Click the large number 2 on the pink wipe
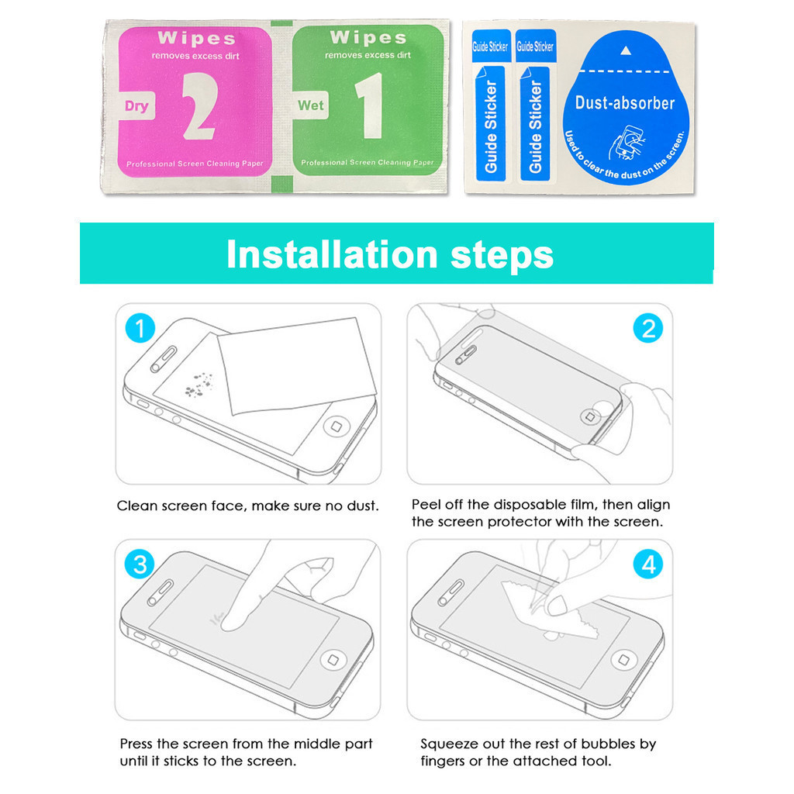[x=200, y=105]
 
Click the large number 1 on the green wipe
[x=370, y=105]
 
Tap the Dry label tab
[x=136, y=105]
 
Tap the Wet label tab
[x=310, y=105]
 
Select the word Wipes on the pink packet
[x=196, y=38]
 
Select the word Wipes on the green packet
[x=368, y=37]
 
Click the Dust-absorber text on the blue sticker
[x=625, y=103]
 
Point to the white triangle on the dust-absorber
[x=626, y=50]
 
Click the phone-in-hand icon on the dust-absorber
[x=626, y=143]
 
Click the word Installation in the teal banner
[x=332, y=254]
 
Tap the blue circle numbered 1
[x=140, y=328]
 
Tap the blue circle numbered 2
[x=648, y=328]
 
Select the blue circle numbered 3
[x=140, y=564]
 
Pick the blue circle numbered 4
[x=648, y=564]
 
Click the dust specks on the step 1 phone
[x=198, y=385]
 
